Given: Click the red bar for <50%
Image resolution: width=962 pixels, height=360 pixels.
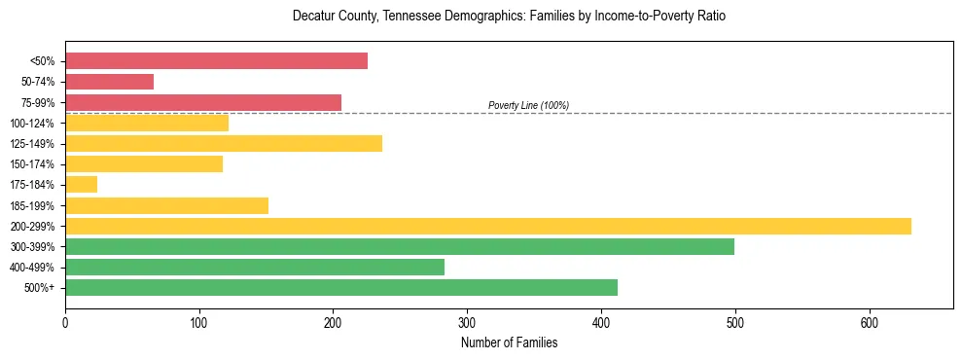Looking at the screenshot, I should tap(216, 61).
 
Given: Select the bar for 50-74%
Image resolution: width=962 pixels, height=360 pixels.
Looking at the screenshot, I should tap(109, 82).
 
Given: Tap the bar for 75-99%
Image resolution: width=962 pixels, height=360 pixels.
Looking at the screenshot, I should tap(203, 102).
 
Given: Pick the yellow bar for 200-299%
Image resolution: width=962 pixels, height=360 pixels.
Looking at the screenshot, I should tap(487, 226).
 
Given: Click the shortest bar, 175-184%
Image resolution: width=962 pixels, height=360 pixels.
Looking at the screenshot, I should tap(81, 184).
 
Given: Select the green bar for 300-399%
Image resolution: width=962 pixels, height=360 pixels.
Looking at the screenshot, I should tap(399, 246).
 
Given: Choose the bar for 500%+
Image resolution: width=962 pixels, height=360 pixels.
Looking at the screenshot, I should tap(340, 287).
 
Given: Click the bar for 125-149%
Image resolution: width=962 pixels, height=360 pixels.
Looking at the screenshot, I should tap(223, 143).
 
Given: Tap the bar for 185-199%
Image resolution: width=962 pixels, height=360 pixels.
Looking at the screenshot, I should tap(166, 205).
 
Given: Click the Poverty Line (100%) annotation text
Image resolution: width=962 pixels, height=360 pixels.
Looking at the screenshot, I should tap(528, 105).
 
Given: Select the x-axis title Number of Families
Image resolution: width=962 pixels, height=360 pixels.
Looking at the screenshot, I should tap(509, 342).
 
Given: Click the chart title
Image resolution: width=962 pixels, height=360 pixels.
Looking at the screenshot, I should tap(509, 17).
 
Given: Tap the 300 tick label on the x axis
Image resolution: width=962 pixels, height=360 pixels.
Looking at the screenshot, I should tap(467, 323).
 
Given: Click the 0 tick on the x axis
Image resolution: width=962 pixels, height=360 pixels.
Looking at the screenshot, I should tap(65, 323).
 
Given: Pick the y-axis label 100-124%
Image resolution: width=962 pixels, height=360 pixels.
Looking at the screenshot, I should tap(32, 124).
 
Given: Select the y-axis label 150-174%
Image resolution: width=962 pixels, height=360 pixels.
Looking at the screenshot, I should tap(32, 164).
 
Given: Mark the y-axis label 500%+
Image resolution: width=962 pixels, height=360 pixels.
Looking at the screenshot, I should tap(39, 288).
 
